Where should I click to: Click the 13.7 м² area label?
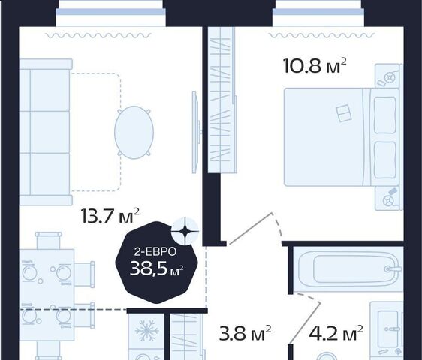click(110, 216)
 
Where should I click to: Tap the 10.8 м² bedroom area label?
click(315, 66)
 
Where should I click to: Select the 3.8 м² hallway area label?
click(245, 333)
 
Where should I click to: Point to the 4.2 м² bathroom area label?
click(336, 333)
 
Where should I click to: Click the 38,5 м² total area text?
click(157, 268)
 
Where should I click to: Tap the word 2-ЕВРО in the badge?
click(155, 252)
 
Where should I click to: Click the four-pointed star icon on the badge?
click(185, 231)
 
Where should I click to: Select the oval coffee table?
click(134, 132)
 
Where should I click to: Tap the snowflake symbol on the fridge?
click(146, 331)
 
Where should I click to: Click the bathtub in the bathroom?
click(348, 268)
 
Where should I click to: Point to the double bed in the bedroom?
click(341, 137)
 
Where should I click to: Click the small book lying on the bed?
click(344, 113)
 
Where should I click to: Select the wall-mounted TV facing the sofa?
click(196, 132)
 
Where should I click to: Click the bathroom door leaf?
click(306, 323)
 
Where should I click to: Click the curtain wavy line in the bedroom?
click(322, 35)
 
